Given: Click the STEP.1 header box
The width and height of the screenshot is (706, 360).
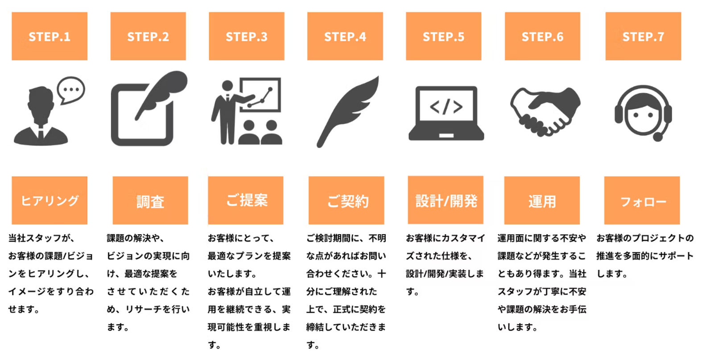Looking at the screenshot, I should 50,36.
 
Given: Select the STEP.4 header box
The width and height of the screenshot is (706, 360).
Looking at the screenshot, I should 345,36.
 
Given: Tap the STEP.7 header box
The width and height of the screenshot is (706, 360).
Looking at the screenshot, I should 643,36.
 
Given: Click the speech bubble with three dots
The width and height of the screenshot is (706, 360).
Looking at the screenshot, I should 71,89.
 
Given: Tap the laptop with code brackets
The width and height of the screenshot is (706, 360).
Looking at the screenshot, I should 446,113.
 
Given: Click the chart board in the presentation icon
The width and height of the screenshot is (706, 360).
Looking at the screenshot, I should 261,95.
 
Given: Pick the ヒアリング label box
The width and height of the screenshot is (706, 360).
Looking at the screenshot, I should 50,200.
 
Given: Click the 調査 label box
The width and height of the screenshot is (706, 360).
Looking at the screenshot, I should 150,200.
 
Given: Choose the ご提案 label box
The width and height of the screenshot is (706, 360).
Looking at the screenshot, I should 246,200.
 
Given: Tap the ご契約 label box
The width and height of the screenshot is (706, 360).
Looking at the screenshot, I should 346,200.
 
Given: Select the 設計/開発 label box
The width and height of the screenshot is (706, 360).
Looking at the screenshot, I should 446,200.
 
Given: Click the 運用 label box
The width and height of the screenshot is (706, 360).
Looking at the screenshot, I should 542,200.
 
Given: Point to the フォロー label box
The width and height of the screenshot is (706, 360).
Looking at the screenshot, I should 642,200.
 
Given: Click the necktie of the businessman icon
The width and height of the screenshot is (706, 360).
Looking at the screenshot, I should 41,134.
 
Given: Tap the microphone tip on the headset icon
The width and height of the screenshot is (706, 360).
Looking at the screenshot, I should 657,137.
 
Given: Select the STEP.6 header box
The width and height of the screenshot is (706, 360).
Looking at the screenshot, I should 542,36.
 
